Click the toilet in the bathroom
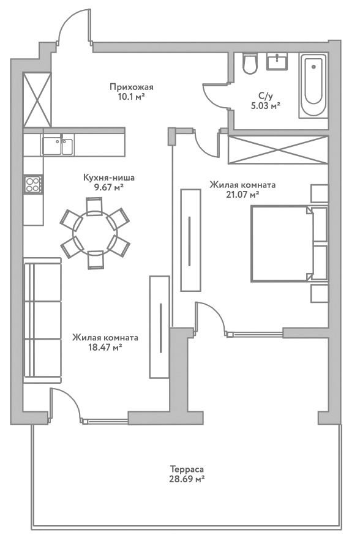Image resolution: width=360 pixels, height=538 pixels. pyautogui.click(x=250, y=63)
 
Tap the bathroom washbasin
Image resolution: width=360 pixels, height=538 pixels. pyautogui.click(x=281, y=61)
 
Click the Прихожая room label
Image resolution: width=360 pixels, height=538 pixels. pyautogui.click(x=128, y=87)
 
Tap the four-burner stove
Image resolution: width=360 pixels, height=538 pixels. pyautogui.click(x=33, y=184)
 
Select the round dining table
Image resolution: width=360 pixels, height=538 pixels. pyautogui.click(x=94, y=232)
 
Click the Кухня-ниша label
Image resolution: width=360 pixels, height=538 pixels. pyautogui.click(x=108, y=178)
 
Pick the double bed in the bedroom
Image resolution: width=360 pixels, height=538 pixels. pyautogui.click(x=288, y=244)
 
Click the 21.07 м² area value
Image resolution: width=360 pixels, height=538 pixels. pyautogui.click(x=242, y=195)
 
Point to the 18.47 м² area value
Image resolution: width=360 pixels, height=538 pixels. pyautogui.click(x=105, y=347)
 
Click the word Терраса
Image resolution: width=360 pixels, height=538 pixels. pyautogui.click(x=187, y=470)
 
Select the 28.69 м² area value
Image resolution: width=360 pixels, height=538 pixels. pyautogui.click(x=187, y=480)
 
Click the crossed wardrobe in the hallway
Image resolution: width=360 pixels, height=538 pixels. pyautogui.click(x=36, y=100)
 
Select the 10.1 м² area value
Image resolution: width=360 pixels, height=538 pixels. pyautogui.click(x=128, y=97)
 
